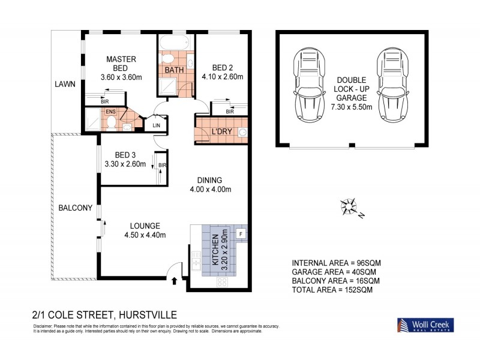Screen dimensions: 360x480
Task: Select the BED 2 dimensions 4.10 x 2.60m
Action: (223, 77)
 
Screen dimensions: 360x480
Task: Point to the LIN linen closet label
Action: (156, 125)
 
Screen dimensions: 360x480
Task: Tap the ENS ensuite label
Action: (110, 112)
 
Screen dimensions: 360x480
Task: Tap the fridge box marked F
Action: (241, 233)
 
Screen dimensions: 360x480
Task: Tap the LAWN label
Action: (64, 85)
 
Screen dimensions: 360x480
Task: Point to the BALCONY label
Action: (75, 208)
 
